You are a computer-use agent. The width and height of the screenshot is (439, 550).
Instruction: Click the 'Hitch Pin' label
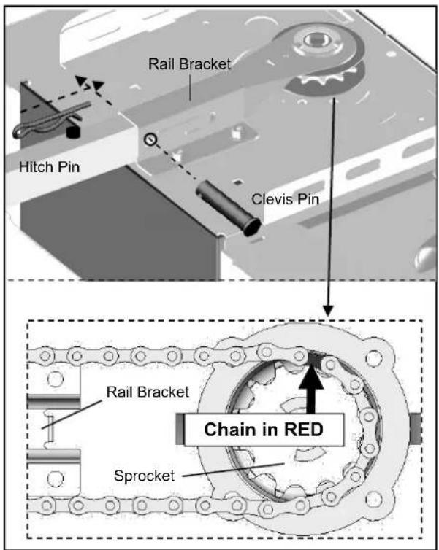pos(49,167)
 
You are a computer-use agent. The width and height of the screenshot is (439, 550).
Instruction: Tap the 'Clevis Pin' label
pos(285,199)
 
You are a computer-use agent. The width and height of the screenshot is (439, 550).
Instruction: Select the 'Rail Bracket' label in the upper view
pos(190,64)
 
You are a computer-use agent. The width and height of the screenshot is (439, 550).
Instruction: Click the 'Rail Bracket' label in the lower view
pos(148,392)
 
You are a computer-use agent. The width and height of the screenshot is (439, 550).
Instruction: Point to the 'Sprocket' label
pos(145,476)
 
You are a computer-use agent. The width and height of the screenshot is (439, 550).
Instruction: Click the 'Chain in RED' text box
pos(264,430)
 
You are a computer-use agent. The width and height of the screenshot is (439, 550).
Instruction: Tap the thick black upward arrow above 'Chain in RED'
pos(311,390)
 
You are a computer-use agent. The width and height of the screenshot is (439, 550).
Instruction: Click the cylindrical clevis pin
pos(229,209)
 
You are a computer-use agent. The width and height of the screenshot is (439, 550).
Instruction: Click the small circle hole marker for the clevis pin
pos(150,139)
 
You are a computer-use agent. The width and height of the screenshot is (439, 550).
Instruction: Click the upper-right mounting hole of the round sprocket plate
pos(373,358)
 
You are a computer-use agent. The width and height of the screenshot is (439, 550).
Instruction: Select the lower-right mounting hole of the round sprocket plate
pos(374,499)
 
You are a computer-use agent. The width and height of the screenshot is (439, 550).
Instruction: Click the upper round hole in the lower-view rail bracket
pos(55,379)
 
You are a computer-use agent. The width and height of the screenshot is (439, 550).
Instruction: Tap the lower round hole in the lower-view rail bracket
pos(55,478)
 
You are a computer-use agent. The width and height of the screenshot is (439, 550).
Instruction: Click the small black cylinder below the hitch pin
pos(73,132)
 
